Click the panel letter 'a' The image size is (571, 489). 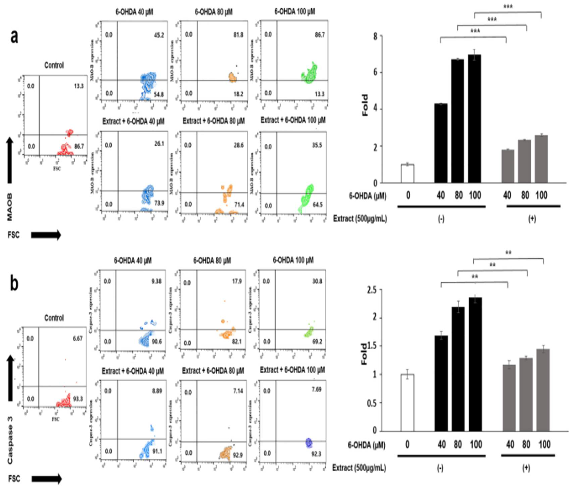[14, 37]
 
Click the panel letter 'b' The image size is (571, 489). [14, 284]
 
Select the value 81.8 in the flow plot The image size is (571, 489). [238, 35]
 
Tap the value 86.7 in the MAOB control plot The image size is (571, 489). [79, 146]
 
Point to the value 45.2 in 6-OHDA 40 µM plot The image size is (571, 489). [158, 35]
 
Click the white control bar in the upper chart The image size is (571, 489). [407, 173]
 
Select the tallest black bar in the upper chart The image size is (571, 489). [474, 118]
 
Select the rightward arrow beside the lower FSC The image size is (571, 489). [46, 479]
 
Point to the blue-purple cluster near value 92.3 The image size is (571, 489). [309, 442]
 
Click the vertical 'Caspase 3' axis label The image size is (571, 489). [10, 441]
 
